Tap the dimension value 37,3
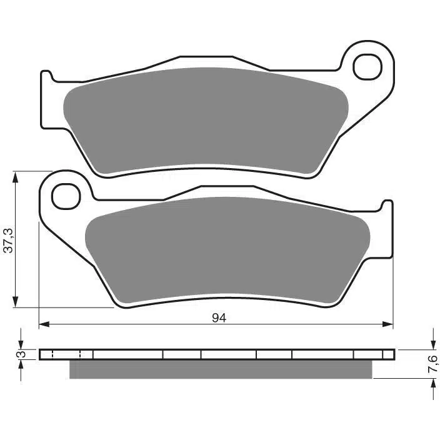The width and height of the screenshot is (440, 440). pos(7,239)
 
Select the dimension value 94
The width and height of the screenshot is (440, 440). pos(218,317)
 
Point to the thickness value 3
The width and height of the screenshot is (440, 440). pos(20,354)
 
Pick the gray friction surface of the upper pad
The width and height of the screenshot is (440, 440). pos(206,119)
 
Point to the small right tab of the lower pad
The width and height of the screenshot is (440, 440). pos(387,206)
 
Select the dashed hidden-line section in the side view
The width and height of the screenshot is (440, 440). pos(66,354)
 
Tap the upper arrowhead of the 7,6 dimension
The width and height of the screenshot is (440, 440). pos(432,344)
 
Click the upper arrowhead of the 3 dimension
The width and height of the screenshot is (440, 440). pos(21,344)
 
